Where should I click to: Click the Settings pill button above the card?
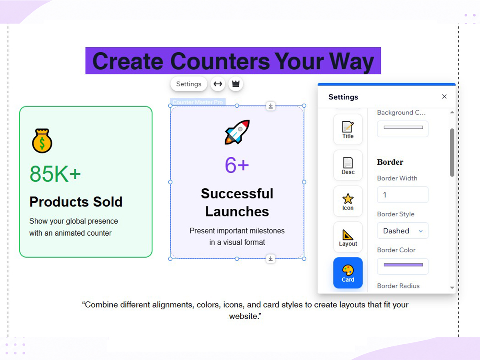pos(189,84)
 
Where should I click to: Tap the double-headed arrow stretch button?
pos(218,84)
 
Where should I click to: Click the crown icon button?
pos(236,84)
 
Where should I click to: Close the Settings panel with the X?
pos(444,97)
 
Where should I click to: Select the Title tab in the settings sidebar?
pos(348,129)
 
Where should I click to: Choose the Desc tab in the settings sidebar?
pos(348,165)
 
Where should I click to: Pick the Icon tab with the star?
pos(348,201)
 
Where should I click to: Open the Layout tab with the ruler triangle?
pos(348,237)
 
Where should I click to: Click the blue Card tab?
pos(348,273)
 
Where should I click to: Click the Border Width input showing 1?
pos(402,195)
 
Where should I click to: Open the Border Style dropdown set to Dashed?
pos(402,231)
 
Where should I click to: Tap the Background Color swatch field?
pos(402,129)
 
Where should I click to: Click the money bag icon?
pos(42,141)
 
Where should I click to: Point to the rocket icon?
pos(237,132)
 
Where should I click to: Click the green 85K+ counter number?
pos(55,174)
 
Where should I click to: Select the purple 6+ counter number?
pos(237,165)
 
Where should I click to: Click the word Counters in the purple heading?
pos(220,61)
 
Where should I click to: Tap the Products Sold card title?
pos(76,202)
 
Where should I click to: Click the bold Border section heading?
pos(390,162)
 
